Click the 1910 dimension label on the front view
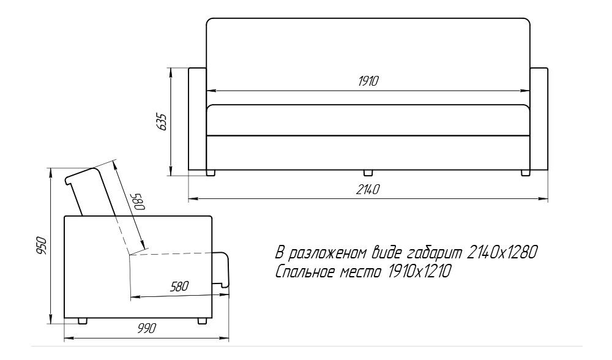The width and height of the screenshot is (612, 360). [368, 81]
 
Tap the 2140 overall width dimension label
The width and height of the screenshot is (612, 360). [368, 189]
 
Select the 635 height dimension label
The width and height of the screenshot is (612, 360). [161, 122]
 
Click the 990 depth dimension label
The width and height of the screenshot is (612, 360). [147, 328]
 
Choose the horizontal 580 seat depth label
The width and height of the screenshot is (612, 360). [179, 287]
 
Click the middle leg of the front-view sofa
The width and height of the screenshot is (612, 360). [368, 173]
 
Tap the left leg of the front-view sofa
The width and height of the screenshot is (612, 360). [211, 173]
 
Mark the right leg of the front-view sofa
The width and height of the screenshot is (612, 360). [525, 173]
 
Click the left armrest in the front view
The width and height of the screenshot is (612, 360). [198, 119]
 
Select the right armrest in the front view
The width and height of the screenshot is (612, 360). [539, 119]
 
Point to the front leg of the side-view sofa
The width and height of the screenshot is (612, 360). [202, 321]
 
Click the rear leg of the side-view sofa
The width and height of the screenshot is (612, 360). [83, 321]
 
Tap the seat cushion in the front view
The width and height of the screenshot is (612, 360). [368, 120]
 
